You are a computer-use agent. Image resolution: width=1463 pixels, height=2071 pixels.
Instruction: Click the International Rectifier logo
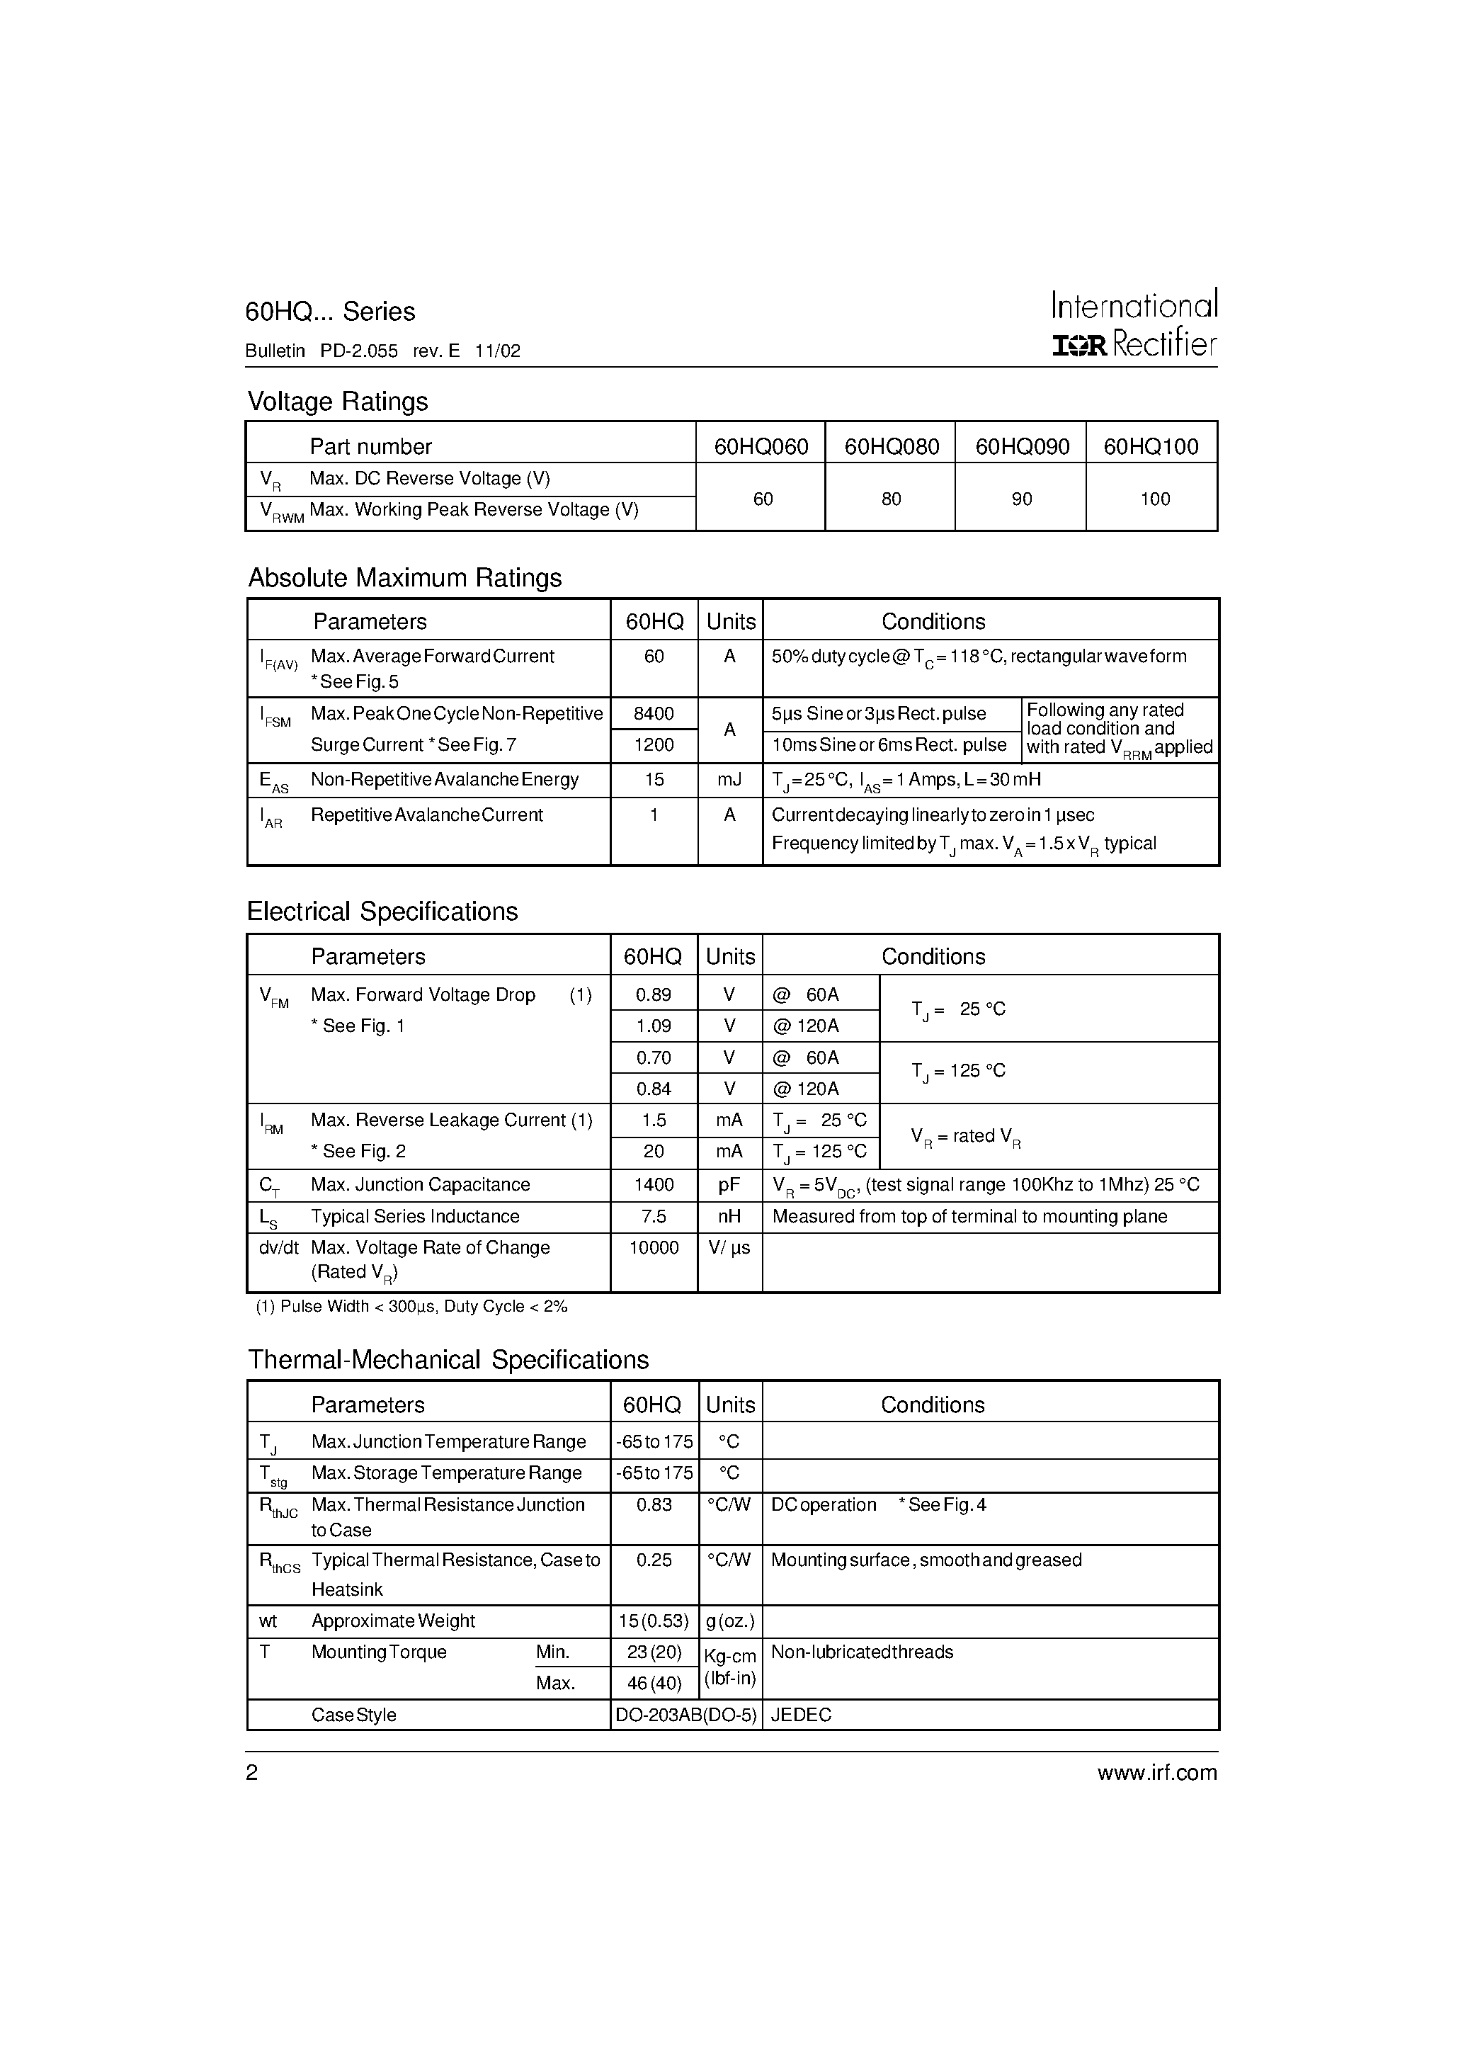1134,324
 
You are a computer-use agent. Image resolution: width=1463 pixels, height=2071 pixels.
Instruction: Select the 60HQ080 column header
891,446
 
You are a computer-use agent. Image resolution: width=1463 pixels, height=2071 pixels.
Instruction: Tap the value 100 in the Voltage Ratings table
1154,499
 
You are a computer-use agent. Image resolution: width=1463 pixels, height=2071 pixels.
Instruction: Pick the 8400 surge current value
653,713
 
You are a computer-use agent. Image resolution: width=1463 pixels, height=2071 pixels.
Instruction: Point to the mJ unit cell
729,779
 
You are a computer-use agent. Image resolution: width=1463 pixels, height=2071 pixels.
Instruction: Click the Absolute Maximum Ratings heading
404,578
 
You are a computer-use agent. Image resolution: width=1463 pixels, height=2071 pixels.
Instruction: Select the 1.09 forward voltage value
653,1026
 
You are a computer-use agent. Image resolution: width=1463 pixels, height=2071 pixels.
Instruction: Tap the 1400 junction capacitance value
653,1184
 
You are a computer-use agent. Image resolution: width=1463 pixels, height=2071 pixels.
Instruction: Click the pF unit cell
729,1184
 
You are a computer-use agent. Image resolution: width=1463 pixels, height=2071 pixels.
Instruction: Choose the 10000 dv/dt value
653,1247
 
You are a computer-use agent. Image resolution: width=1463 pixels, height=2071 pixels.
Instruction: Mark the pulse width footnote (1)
411,1306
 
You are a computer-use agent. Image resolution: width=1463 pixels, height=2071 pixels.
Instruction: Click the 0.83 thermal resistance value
653,1504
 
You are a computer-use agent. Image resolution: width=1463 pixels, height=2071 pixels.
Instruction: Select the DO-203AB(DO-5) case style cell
685,1715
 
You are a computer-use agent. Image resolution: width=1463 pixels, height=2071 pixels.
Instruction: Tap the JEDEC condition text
801,1715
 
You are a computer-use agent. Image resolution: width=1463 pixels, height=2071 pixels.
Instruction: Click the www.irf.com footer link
1156,1772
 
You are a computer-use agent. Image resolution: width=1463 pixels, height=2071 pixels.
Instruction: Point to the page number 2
251,1772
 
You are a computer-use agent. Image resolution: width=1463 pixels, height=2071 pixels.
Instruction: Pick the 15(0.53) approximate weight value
653,1621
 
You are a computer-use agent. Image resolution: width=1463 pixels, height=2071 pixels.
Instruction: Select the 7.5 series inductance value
653,1216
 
